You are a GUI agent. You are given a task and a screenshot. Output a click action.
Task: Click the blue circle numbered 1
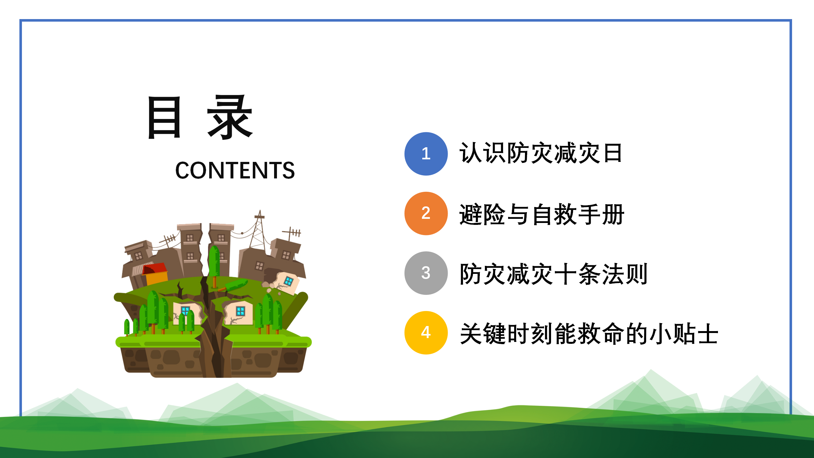[426, 154]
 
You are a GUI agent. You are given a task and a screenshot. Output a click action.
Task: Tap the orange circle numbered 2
[426, 213]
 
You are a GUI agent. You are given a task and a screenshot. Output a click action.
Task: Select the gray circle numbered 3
[426, 273]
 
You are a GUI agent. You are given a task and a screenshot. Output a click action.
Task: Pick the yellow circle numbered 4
[426, 333]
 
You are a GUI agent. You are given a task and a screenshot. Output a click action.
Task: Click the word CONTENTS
[235, 170]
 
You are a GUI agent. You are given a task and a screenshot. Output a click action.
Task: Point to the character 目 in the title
[164, 117]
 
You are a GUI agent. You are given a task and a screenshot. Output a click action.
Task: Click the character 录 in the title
[230, 117]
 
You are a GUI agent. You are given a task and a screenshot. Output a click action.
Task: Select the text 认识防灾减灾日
[541, 153]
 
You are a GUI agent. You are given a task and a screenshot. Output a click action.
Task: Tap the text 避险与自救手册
[542, 214]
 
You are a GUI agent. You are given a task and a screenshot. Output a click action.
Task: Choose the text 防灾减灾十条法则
[554, 274]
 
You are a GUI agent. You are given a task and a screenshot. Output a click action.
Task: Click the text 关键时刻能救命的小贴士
[589, 334]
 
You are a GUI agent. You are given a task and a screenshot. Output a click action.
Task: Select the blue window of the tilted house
[289, 281]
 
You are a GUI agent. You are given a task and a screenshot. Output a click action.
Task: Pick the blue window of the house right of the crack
[240, 311]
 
